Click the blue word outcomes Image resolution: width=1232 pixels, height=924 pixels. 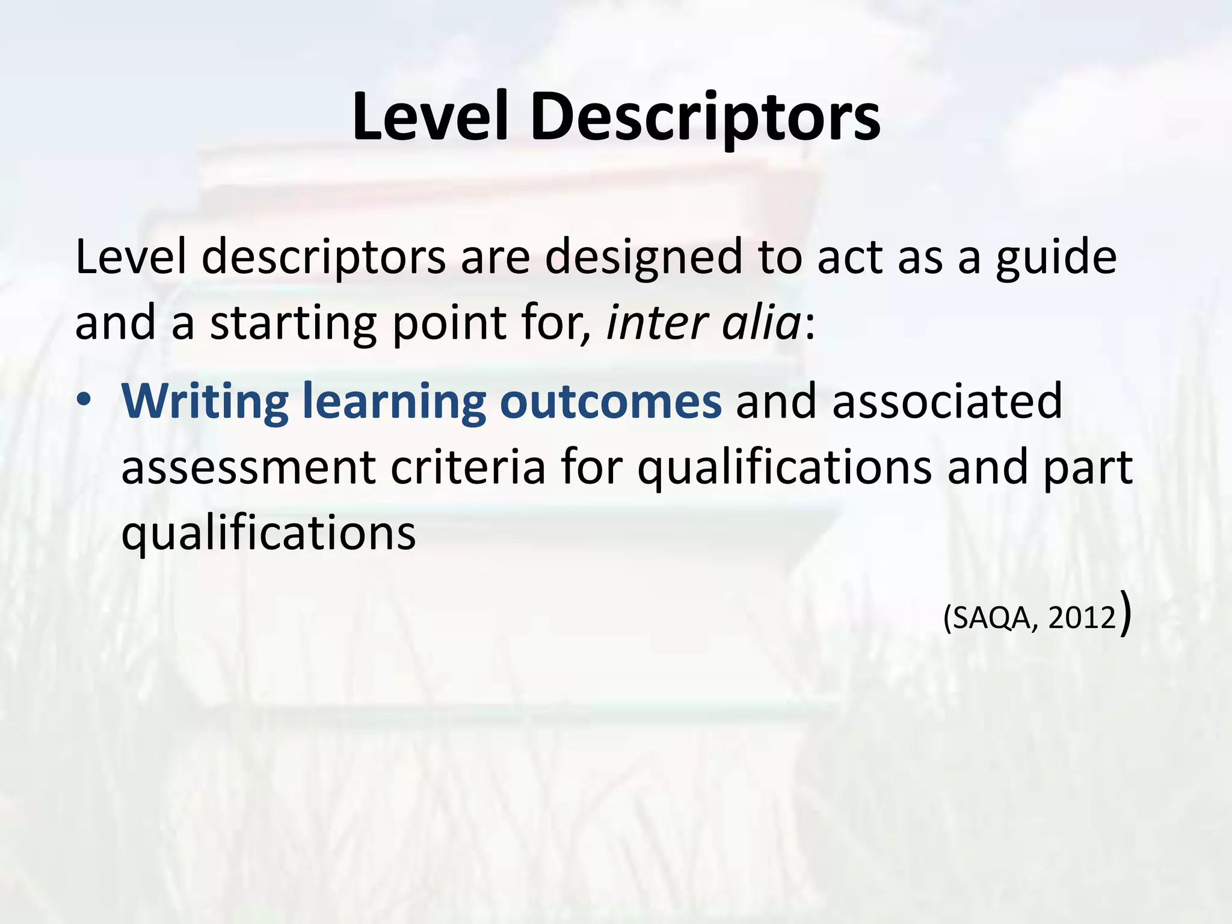610,401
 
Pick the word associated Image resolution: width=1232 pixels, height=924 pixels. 947,401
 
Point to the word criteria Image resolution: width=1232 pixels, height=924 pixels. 468,467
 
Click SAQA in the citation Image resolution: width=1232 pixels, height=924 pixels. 994,618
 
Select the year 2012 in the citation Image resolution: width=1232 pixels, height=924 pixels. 1082,618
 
